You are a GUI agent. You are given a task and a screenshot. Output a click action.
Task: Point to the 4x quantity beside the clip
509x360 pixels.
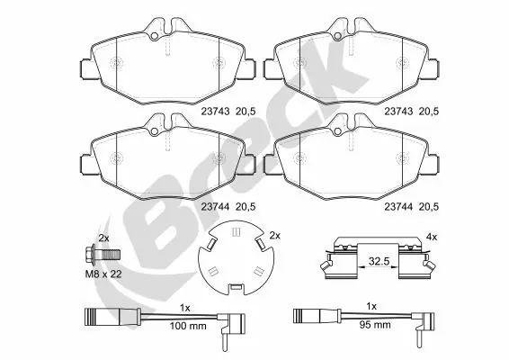coord(431,237)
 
